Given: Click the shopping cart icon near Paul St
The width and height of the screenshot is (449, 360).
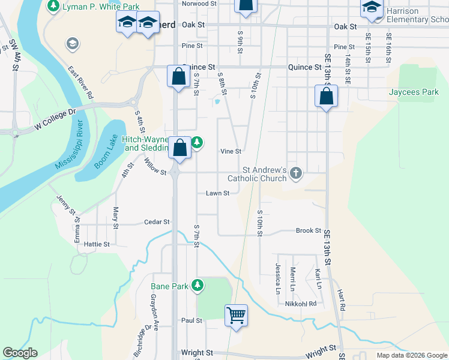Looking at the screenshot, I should click(236, 314).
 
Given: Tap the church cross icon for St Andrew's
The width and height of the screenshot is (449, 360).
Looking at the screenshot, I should click(295, 173).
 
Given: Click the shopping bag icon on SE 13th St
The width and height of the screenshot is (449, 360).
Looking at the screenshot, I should click(326, 97).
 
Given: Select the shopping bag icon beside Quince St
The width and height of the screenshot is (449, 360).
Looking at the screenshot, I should click(178, 76).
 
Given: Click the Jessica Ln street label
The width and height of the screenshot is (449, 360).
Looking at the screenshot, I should click(278, 278).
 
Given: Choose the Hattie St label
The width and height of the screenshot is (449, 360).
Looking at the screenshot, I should click(97, 244).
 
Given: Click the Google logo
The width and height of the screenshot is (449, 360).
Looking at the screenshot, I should click(20, 353).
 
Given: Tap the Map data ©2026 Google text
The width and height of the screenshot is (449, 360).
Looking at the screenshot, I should click(411, 355).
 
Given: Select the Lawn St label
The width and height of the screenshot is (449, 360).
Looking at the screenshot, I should click(218, 193).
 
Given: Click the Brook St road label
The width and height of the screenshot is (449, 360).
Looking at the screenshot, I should click(309, 230).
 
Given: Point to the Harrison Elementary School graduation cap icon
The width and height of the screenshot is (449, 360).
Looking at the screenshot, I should click(372, 7).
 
